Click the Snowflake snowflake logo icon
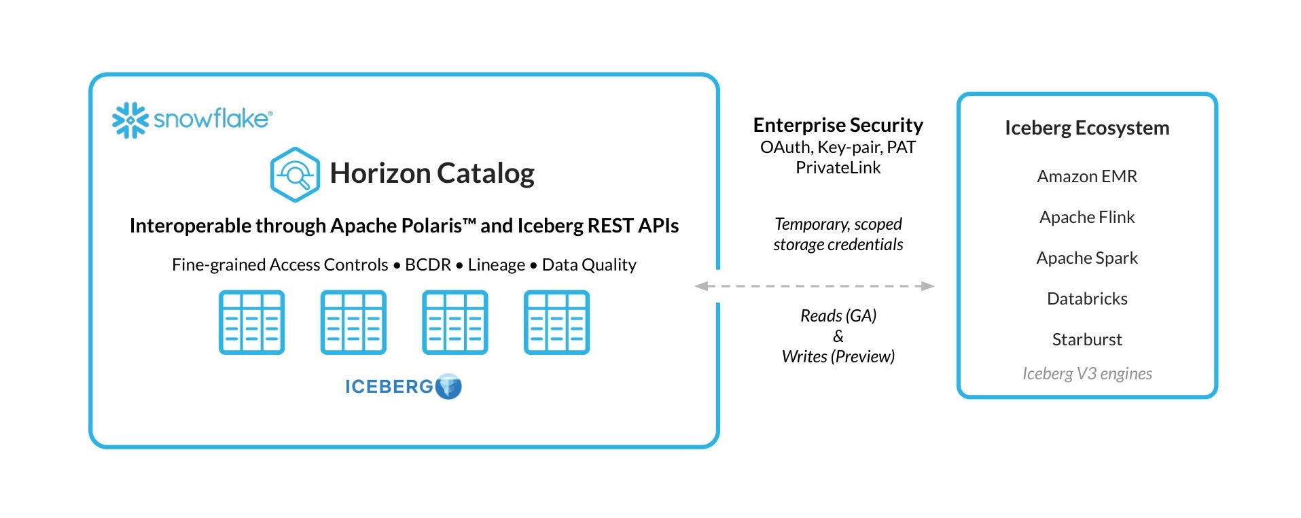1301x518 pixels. (130, 120)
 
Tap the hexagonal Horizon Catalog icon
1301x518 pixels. (295, 175)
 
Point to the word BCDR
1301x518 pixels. (427, 264)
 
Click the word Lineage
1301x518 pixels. (496, 264)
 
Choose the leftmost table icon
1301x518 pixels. (251, 322)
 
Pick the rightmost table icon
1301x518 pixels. (556, 322)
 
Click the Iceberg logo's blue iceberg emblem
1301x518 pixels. (448, 386)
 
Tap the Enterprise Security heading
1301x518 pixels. (838, 125)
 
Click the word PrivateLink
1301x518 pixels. (838, 168)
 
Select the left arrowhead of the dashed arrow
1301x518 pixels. (702, 286)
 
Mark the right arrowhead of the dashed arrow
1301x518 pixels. (927, 286)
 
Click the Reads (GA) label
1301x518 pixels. (838, 315)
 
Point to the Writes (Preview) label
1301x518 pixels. (838, 356)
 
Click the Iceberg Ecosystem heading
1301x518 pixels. (1086, 128)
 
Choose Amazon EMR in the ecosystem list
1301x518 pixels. (1086, 176)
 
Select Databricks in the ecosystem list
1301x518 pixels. (1086, 298)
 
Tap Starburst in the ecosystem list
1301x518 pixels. (1086, 339)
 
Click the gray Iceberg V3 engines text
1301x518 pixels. (1086, 373)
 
